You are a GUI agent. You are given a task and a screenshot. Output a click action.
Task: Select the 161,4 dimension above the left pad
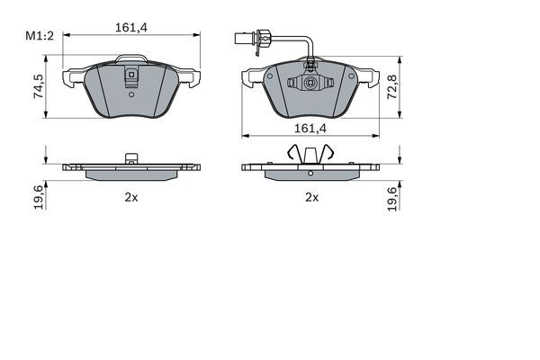pyautogui.click(x=131, y=29)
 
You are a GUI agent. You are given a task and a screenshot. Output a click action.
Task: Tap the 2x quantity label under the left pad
pyautogui.click(x=130, y=196)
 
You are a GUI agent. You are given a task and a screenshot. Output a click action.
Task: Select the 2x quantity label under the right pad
pyautogui.click(x=311, y=196)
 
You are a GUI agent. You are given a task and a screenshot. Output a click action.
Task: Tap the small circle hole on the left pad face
pyautogui.click(x=131, y=91)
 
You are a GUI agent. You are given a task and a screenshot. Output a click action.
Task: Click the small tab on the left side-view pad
pyautogui.click(x=131, y=159)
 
